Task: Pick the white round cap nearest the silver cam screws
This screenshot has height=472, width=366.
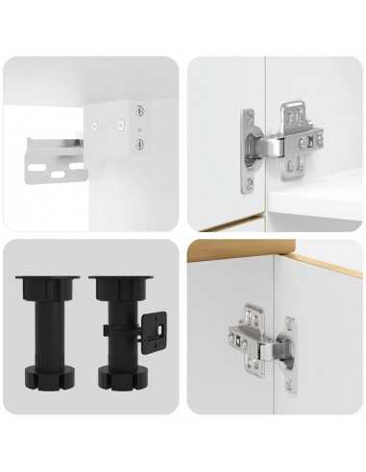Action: click(121, 125)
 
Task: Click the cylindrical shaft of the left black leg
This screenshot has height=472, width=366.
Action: click(39, 330)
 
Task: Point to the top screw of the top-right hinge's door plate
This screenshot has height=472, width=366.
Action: click(248, 120)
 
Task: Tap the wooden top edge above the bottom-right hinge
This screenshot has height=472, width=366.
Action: click(317, 258)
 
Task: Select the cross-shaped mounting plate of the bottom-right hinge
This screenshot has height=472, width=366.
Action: click(245, 338)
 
